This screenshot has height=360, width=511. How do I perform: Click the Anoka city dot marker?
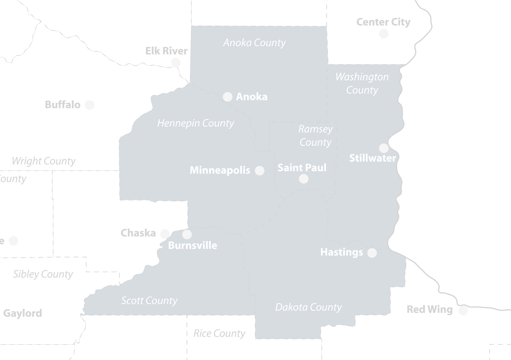point(227,97)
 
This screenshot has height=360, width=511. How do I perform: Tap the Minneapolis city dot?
point(260,170)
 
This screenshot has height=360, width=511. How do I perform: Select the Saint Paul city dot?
point(304,179)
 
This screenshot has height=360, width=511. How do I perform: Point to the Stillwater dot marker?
point(384,148)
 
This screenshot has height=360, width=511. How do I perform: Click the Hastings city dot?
point(372,253)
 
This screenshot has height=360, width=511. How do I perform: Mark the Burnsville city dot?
point(187,235)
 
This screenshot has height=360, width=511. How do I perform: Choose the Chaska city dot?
point(165,234)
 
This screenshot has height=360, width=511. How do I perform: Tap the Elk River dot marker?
point(176,63)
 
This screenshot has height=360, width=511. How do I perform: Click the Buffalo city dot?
point(90,105)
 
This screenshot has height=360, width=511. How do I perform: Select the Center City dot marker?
point(384,34)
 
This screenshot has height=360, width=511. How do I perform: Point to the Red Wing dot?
point(463,310)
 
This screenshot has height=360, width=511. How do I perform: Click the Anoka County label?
point(254,43)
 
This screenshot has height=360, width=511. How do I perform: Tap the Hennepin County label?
point(195,123)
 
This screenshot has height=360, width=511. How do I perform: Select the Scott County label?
point(149,301)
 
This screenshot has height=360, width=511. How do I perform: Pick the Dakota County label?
point(308,307)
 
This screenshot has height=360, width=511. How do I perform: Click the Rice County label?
point(219,334)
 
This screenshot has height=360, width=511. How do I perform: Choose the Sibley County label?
point(43,274)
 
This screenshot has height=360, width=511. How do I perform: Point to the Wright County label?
point(43,161)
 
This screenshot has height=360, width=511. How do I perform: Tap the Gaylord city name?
point(22,313)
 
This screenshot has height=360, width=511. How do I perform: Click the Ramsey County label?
point(315,136)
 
